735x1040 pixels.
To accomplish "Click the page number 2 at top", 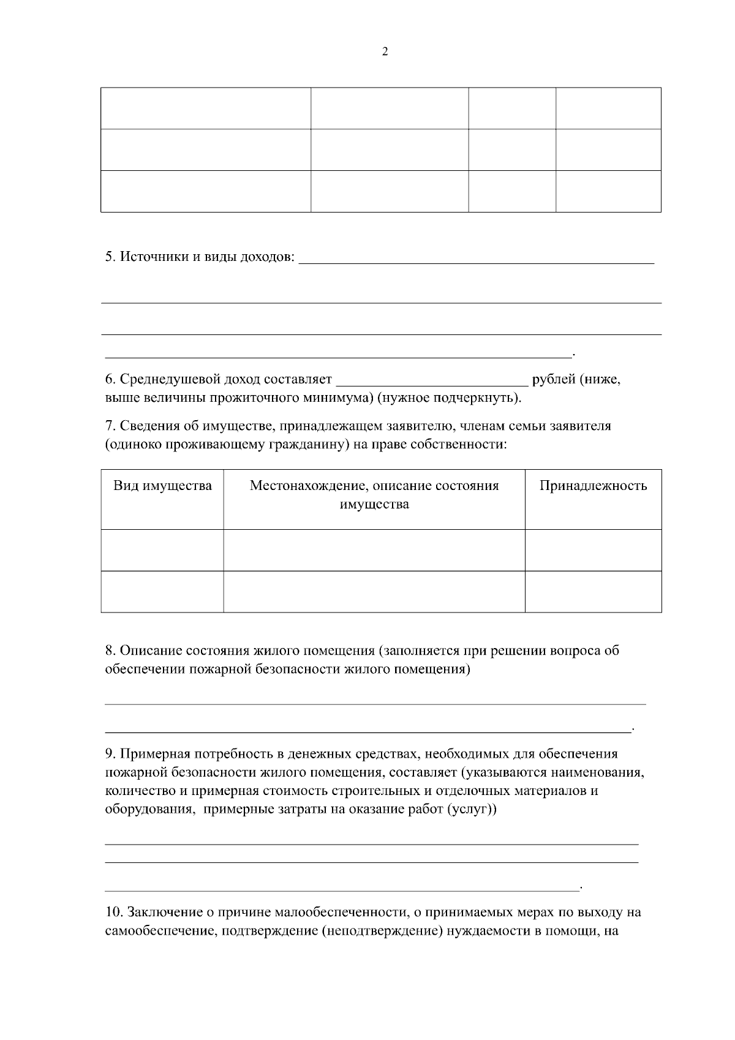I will tap(385, 51).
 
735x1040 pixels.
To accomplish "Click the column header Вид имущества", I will tap(162, 486).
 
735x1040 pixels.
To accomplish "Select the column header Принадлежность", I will tap(592, 486).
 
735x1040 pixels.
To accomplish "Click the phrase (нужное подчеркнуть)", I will tap(450, 398).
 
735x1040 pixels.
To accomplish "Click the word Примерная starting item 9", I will tap(153, 754).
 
